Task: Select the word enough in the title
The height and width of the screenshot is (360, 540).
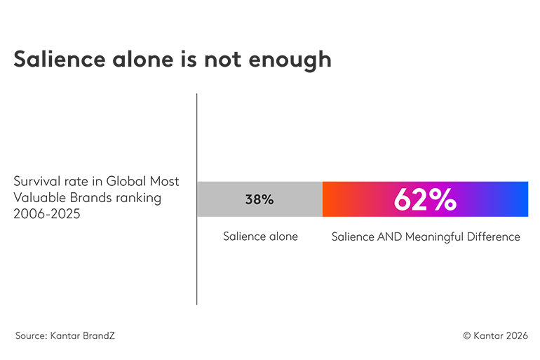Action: (292, 60)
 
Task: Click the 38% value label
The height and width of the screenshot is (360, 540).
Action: (259, 199)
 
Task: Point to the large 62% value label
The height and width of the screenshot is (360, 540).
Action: (425, 199)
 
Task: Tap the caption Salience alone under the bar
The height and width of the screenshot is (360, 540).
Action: (260, 236)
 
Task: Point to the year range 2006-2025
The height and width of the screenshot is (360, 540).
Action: (47, 214)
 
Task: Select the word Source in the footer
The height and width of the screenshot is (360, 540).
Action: (31, 335)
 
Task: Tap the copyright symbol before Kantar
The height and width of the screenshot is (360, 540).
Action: (466, 335)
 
